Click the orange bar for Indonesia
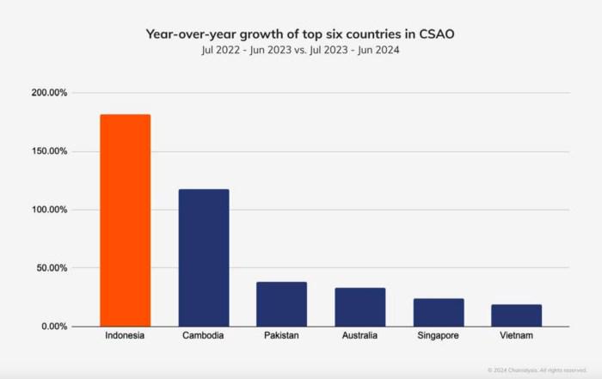[125, 220]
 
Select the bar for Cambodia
[204, 257]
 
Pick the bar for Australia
[360, 307]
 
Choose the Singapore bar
[439, 312]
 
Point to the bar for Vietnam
[517, 315]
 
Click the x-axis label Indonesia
[125, 336]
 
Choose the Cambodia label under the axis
[204, 336]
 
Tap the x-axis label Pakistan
[281, 336]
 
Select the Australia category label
[360, 336]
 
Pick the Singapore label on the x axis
[439, 336]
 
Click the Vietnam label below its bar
[517, 336]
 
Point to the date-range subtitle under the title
[300, 50]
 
